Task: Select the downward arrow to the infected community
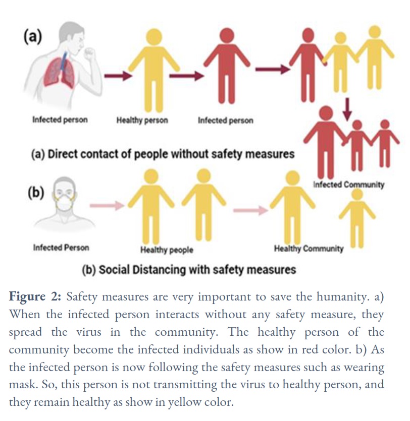(x=347, y=109)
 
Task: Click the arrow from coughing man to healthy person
(x=118, y=76)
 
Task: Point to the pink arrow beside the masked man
(x=107, y=206)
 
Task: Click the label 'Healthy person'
(x=142, y=121)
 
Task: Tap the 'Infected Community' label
(x=349, y=185)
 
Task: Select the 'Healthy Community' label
(x=309, y=249)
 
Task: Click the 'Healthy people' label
(x=167, y=250)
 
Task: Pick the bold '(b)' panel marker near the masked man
(x=36, y=193)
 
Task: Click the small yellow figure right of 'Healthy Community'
(x=357, y=218)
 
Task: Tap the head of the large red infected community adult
(x=326, y=113)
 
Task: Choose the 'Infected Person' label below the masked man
(x=61, y=248)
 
